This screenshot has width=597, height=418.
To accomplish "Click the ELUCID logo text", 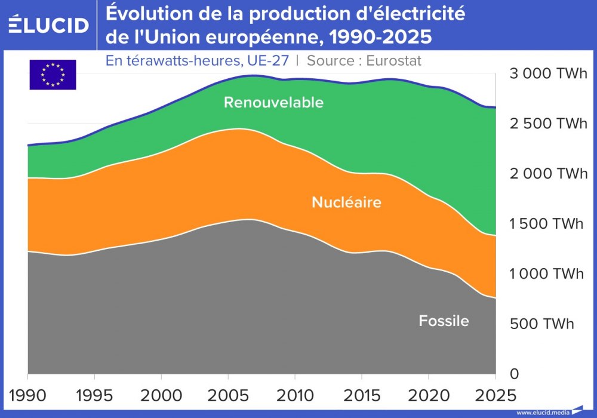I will (x=49, y=25).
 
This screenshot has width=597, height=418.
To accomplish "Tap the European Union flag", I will (x=53, y=75).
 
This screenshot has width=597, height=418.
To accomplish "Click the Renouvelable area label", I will (x=273, y=102).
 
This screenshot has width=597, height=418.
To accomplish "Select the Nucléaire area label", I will (x=346, y=202).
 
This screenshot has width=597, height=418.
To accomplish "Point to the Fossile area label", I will (x=444, y=321).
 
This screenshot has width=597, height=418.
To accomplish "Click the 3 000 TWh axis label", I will (x=548, y=74).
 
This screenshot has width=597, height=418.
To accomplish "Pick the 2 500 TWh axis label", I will (x=548, y=124).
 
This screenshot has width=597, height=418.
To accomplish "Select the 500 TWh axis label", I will (x=541, y=324).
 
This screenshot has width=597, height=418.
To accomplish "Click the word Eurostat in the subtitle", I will (x=394, y=60).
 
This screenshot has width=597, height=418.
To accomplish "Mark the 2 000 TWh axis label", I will (x=548, y=174).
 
